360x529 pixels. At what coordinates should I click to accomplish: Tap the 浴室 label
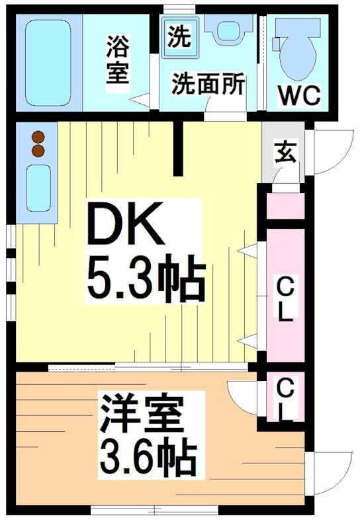[x=118, y=61]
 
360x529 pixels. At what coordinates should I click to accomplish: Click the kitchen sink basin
[x=39, y=187]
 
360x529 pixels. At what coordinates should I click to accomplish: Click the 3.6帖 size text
[x=148, y=456]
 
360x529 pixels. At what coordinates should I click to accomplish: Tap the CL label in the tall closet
[x=285, y=301]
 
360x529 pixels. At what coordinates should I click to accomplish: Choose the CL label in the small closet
[x=285, y=399]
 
